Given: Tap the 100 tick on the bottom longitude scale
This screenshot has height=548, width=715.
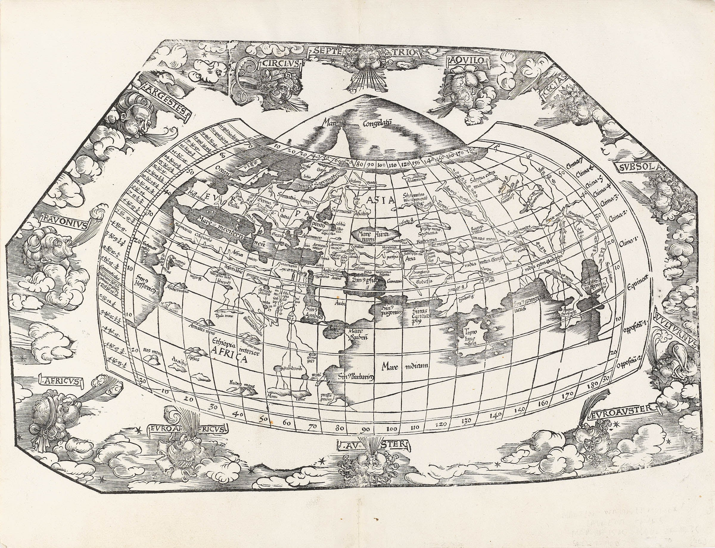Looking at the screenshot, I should (392, 429).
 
